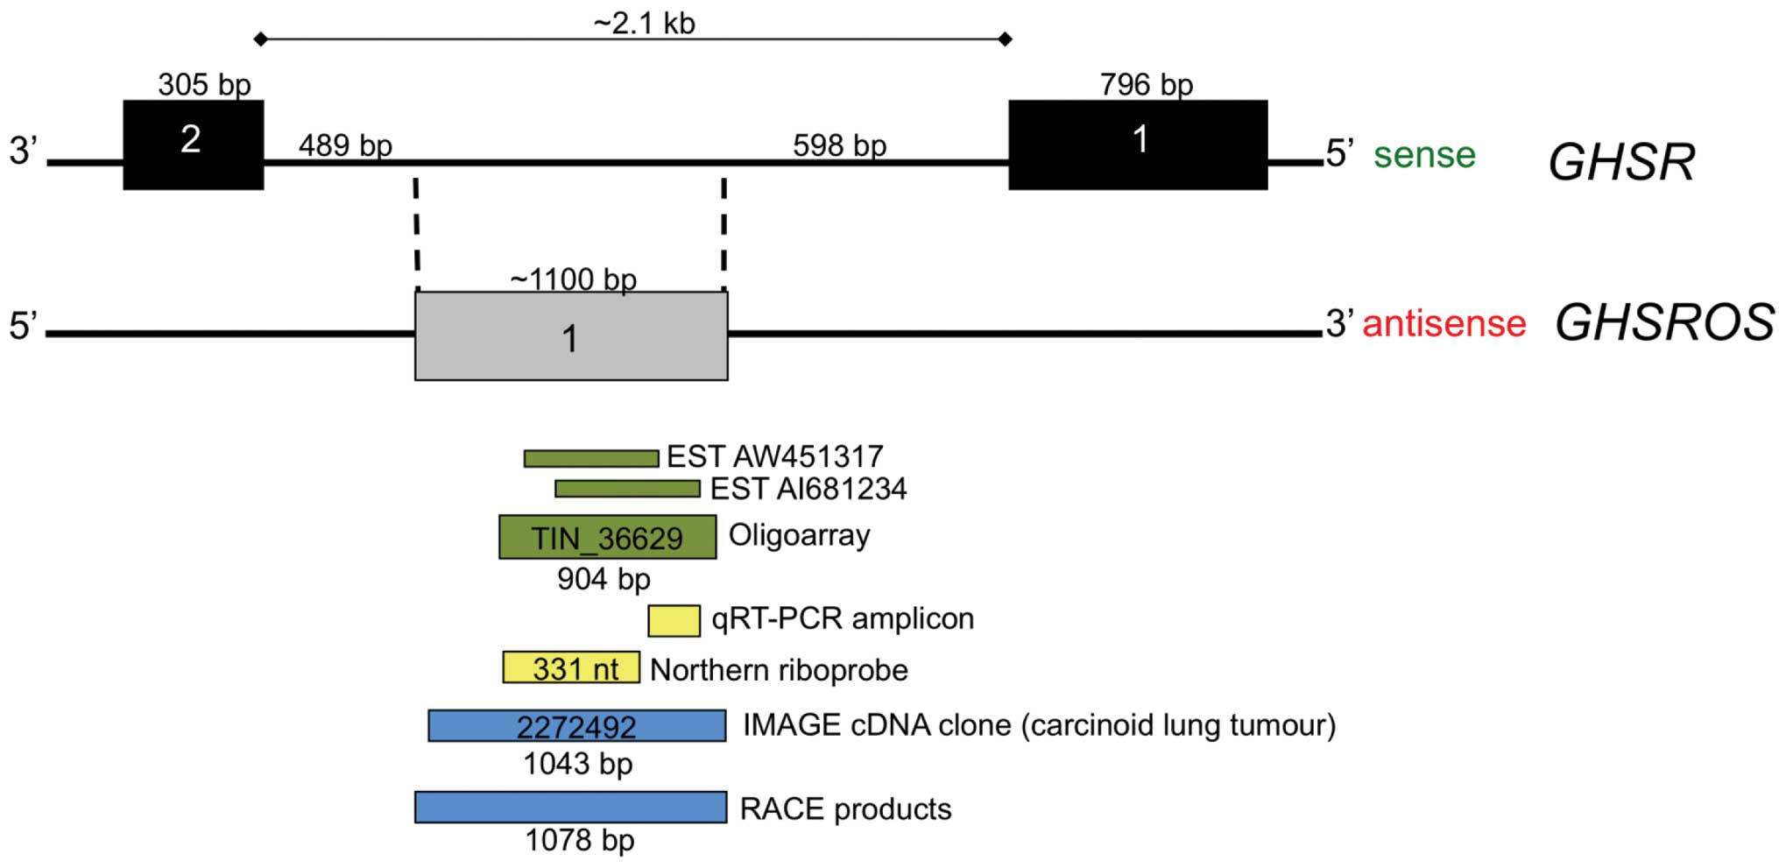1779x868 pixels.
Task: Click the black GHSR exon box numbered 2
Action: click(x=193, y=145)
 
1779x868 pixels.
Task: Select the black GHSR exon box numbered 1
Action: click(x=1137, y=145)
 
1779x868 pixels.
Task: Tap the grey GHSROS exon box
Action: click(x=571, y=336)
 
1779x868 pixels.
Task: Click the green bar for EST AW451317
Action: click(x=591, y=458)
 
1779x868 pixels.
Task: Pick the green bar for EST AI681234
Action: click(x=627, y=489)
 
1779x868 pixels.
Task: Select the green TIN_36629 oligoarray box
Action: click(x=607, y=537)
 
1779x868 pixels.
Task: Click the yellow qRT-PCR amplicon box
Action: click(x=674, y=620)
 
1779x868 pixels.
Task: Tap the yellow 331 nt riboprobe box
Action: click(x=571, y=667)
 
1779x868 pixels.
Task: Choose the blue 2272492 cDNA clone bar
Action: click(x=576, y=725)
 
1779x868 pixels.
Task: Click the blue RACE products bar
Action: click(x=570, y=807)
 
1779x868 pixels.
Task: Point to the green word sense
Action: click(x=1424, y=155)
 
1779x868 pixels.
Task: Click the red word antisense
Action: click(x=1444, y=324)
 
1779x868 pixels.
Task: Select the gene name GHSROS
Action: click(x=1664, y=322)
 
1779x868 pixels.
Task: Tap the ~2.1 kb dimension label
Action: click(x=644, y=23)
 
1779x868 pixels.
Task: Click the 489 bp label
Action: click(x=345, y=145)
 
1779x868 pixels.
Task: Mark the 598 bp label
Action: click(x=839, y=145)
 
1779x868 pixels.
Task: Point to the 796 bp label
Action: click(x=1146, y=85)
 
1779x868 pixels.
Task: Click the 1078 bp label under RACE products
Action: click(x=579, y=840)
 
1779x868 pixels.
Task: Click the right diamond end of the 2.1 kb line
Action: click(x=1006, y=39)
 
